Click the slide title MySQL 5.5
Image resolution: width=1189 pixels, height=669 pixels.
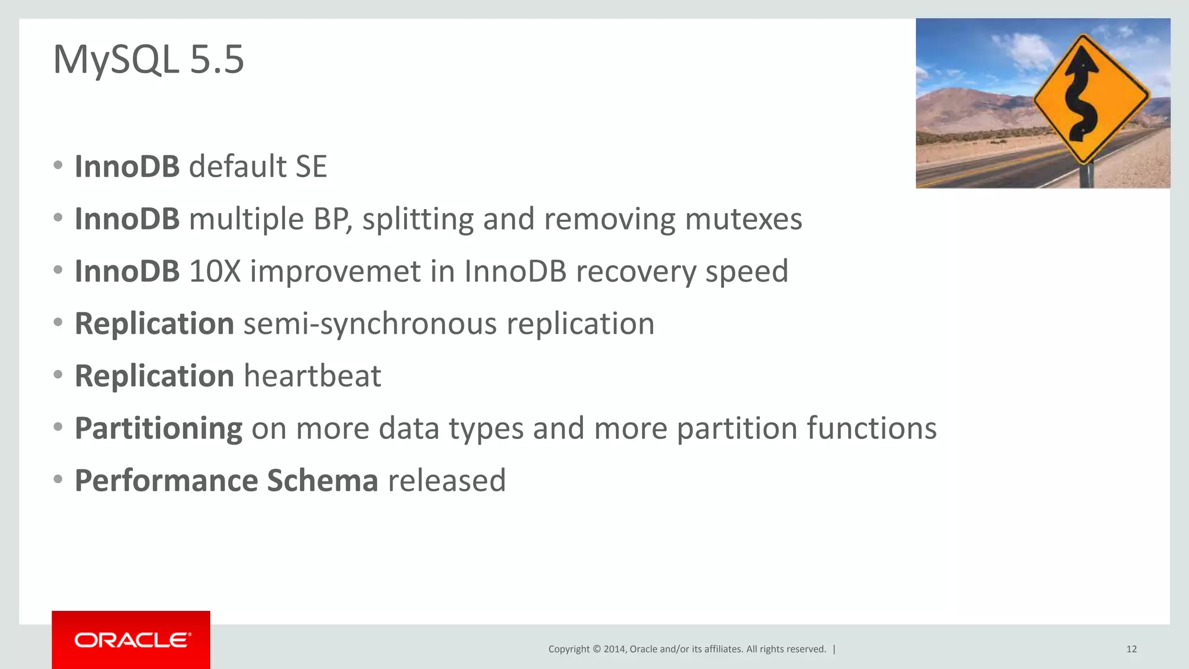pos(149,59)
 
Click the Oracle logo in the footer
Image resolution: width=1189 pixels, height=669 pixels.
pos(131,640)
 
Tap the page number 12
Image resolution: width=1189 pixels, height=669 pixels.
pos(1131,649)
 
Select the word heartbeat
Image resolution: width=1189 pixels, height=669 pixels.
pos(312,376)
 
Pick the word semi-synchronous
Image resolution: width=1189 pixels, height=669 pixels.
pos(370,324)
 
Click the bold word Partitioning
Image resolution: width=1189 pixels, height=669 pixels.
pos(158,429)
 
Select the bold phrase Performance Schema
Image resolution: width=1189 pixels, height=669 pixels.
pos(226,481)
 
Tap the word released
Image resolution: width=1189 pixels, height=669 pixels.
pos(446,481)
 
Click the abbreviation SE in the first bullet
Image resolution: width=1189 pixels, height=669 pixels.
pos(311,167)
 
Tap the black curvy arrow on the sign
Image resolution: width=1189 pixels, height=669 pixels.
pos(1081,93)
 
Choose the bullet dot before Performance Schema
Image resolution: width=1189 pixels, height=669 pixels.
pos(57,480)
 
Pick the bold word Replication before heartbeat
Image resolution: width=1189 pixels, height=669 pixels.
pos(154,376)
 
